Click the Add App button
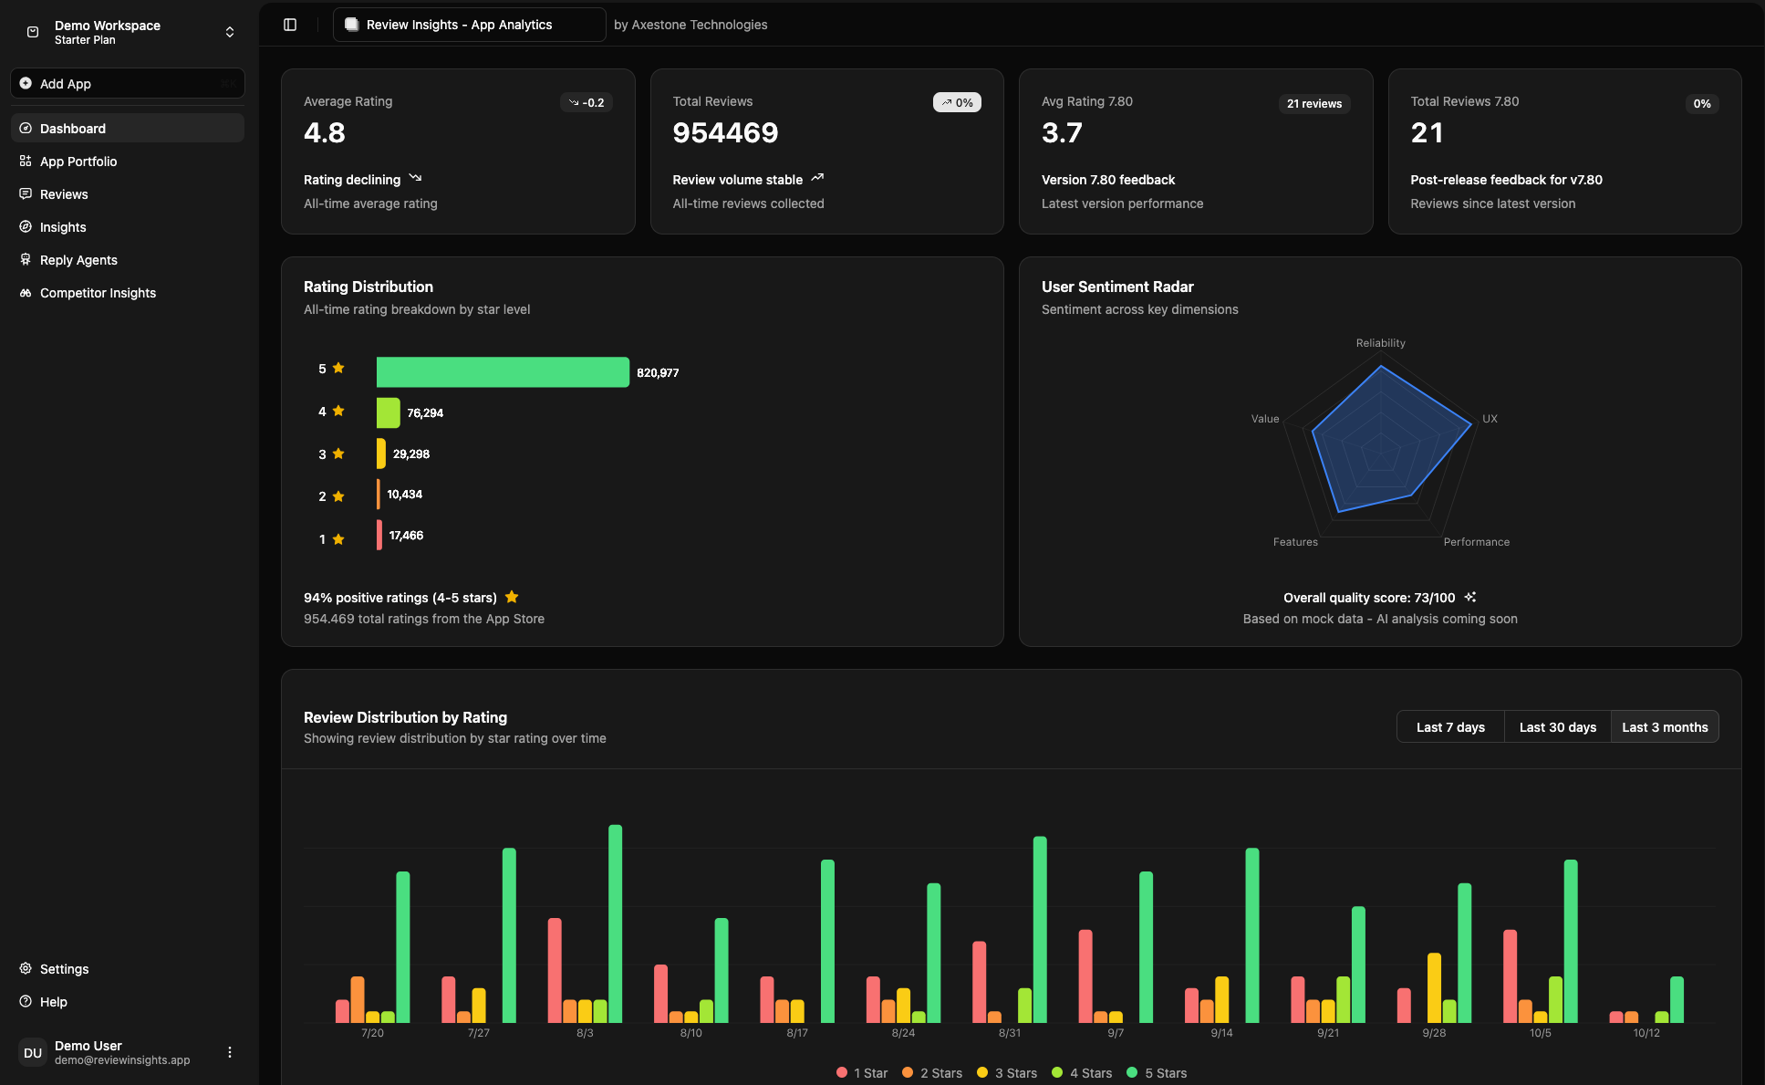click(x=127, y=83)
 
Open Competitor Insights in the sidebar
click(x=98, y=293)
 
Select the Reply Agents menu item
click(x=78, y=260)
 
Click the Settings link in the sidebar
click(x=64, y=969)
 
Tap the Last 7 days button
click(x=1450, y=727)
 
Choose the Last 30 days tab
click(x=1557, y=727)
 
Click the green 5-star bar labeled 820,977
click(x=502, y=372)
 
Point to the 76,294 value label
click(x=425, y=413)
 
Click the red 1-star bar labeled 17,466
click(x=379, y=535)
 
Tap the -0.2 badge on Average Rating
click(x=587, y=103)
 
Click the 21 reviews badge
click(x=1313, y=104)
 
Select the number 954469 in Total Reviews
click(x=725, y=133)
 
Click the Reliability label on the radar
click(x=1380, y=343)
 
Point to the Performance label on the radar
click(x=1476, y=542)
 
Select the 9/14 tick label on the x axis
click(x=1221, y=1033)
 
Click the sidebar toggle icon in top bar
click(x=290, y=25)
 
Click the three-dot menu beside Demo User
click(x=230, y=1052)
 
